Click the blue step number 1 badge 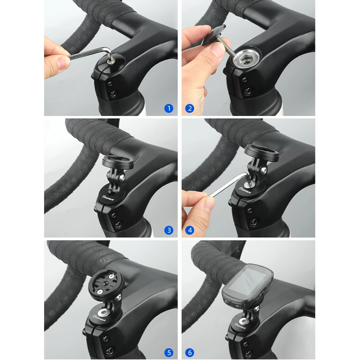tap(168, 108)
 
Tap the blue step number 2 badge tap(190, 108)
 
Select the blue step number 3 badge tap(168, 230)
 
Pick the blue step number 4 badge tap(190, 230)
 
